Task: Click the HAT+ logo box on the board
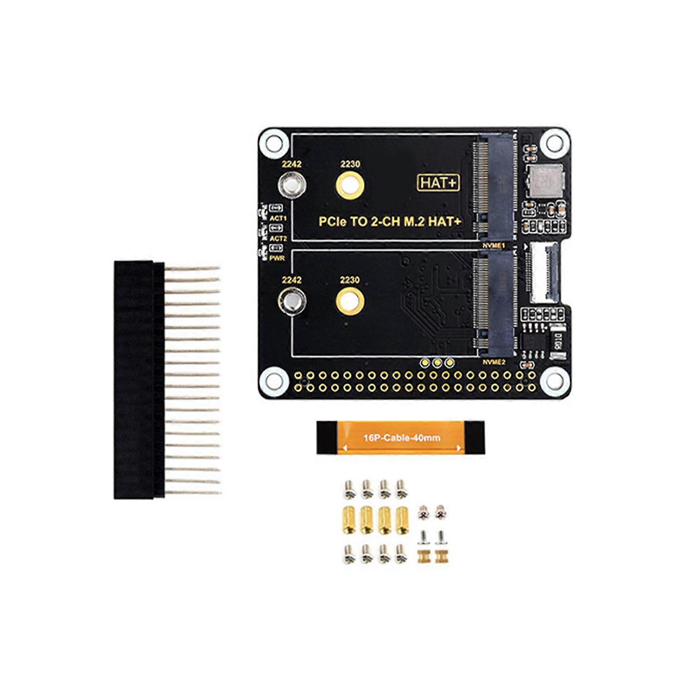438,183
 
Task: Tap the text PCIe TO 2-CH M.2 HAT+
390,222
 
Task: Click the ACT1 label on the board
278,218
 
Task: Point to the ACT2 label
278,239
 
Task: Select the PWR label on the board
277,258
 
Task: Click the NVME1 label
494,246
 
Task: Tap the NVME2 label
494,362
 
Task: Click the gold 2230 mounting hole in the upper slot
350,185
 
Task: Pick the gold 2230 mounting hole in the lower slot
350,301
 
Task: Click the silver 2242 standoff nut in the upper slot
292,185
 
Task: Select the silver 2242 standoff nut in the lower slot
292,301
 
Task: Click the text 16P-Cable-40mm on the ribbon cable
402,438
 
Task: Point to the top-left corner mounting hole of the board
271,142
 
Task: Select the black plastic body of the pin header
139,380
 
